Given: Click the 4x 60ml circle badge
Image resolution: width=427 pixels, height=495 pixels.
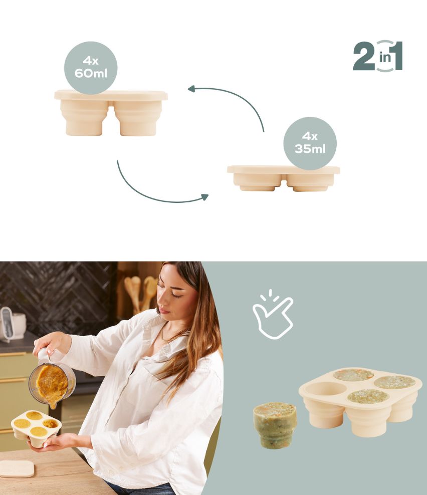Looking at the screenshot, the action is pyautogui.click(x=91, y=68).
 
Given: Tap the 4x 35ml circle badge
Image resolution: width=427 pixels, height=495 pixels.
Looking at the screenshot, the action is pyautogui.click(x=310, y=143).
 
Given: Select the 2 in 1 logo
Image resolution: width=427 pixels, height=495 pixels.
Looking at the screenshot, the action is pyautogui.click(x=378, y=56).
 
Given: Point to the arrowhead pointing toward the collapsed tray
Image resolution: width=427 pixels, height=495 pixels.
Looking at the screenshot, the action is pyautogui.click(x=205, y=197).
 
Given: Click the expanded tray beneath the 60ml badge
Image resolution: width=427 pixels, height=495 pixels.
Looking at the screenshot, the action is pyautogui.click(x=111, y=113).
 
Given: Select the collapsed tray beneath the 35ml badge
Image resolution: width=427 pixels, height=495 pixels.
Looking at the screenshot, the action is pyautogui.click(x=283, y=178).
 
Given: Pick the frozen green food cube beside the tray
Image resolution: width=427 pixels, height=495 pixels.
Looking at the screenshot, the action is pyautogui.click(x=275, y=425).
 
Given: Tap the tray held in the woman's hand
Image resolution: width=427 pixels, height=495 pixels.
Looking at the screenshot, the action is pyautogui.click(x=36, y=428).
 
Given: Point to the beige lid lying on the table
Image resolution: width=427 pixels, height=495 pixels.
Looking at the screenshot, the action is pyautogui.click(x=17, y=469).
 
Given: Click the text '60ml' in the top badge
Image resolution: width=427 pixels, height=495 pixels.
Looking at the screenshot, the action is pyautogui.click(x=91, y=74).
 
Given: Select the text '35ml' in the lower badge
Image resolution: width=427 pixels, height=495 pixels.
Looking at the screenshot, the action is pyautogui.click(x=310, y=149).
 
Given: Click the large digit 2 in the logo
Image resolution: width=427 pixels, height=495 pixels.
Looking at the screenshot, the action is pyautogui.click(x=364, y=56).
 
